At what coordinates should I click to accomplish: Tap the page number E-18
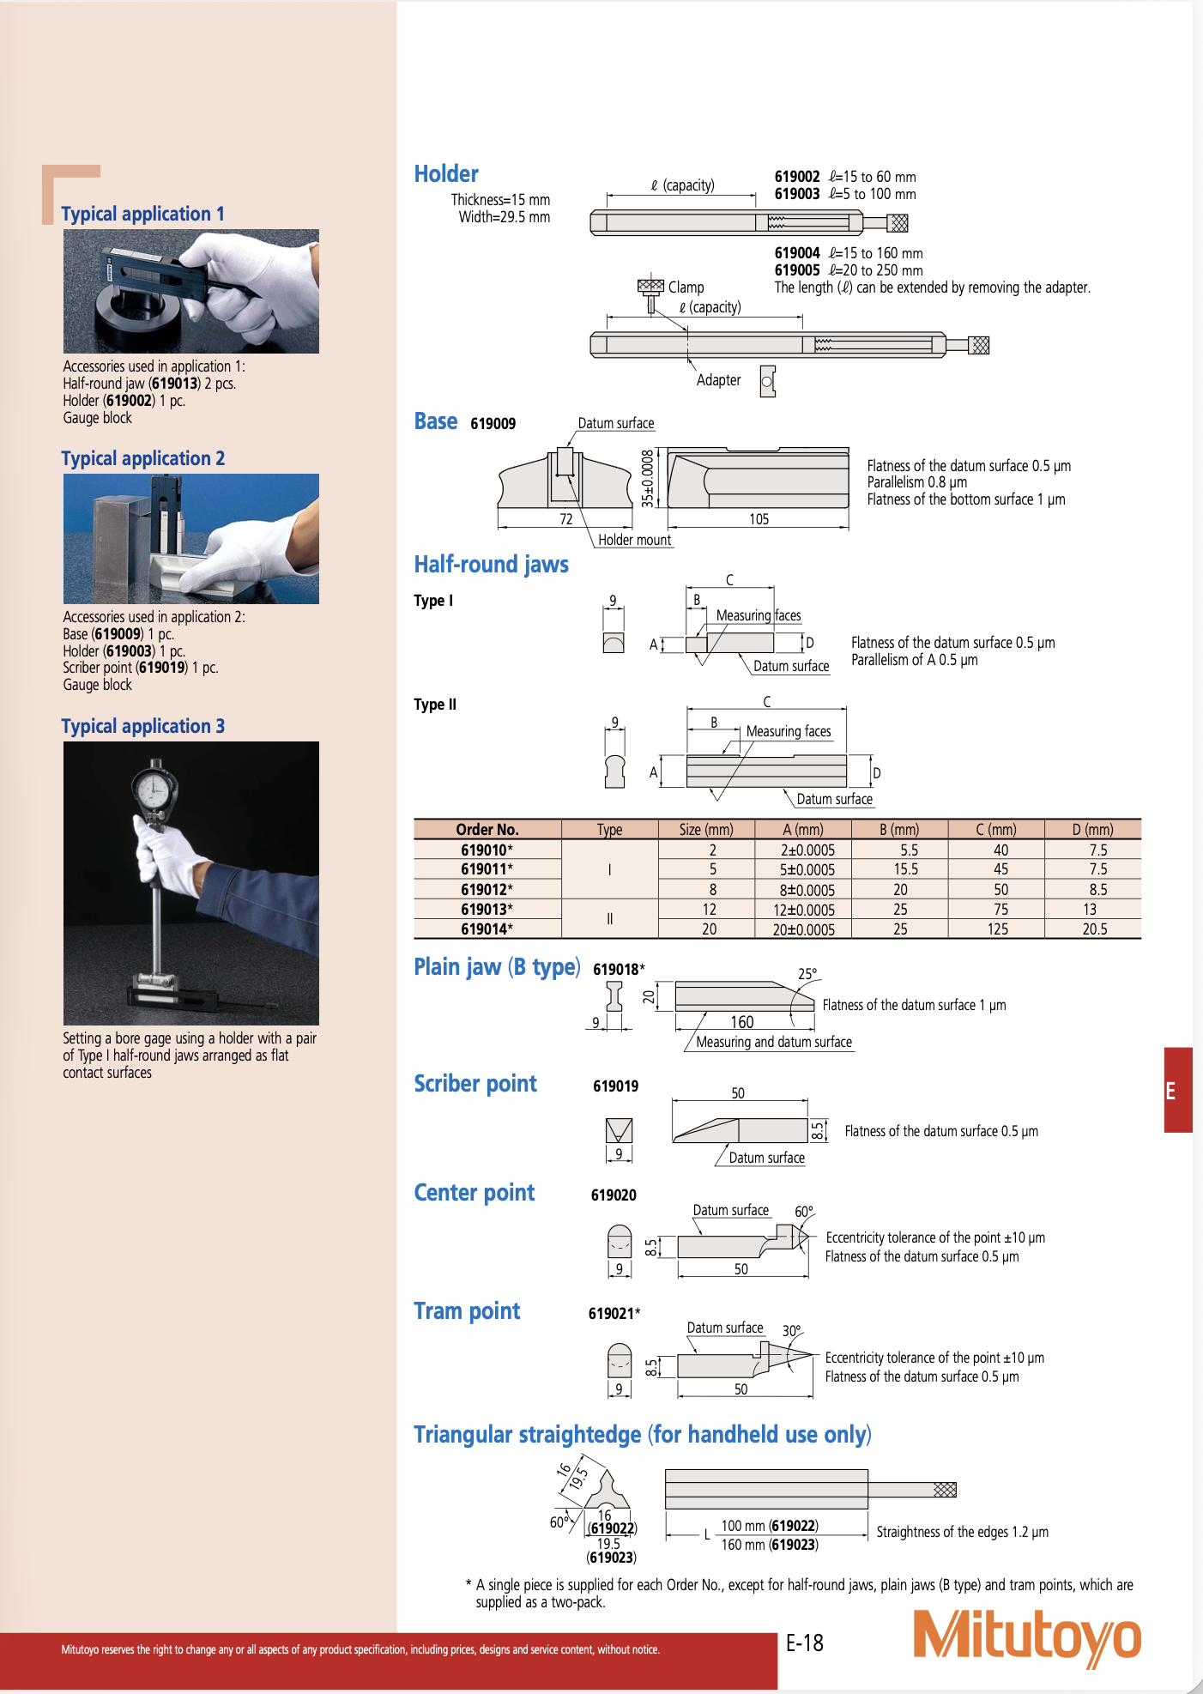805,1643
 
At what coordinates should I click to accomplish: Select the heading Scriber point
475,1084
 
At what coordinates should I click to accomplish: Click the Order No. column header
487,830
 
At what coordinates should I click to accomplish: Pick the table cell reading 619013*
487,910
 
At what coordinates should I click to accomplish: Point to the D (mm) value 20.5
1094,929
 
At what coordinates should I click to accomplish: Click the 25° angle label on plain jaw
807,974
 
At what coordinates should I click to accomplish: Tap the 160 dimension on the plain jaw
742,1022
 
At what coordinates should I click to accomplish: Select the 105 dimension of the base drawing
759,519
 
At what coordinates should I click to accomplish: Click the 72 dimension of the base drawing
566,519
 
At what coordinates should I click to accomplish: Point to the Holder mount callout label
635,540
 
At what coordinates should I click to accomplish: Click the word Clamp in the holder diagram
686,287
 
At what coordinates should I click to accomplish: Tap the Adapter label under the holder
719,380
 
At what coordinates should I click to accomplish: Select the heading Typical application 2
143,458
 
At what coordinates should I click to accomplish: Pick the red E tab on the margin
1177,1091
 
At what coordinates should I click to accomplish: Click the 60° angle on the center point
804,1212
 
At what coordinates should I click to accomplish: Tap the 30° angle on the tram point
792,1331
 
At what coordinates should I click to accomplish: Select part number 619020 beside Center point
614,1195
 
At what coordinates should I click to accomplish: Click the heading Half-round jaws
492,565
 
